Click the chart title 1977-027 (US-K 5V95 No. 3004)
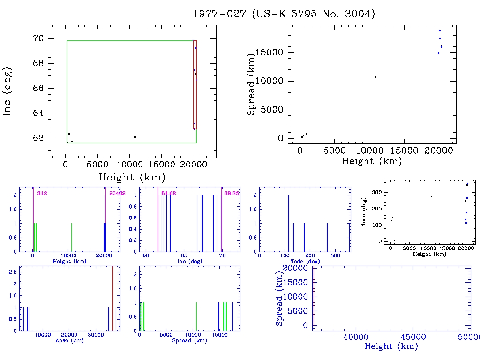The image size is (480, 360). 285,14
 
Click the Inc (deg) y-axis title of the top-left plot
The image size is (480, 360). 7,91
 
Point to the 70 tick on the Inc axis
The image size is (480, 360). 39,38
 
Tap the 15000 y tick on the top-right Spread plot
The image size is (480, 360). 270,52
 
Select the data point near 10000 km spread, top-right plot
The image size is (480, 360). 375,77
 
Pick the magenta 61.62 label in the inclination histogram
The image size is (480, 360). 169,193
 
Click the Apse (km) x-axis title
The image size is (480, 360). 69,340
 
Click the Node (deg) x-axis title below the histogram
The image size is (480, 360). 304,261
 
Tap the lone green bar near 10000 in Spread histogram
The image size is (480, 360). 196,317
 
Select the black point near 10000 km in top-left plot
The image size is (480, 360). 135,137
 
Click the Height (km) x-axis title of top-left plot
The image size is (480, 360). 131,178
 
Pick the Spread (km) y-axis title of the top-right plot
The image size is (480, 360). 252,84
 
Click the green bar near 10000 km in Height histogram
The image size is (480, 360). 71,238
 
